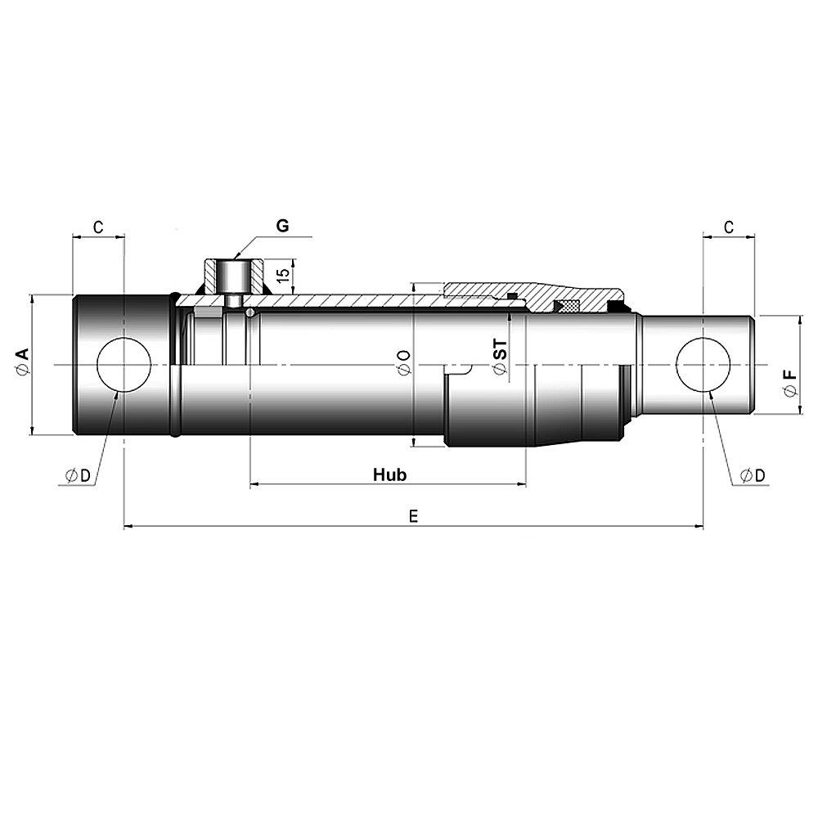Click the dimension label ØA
pos(23,362)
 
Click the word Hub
pos(389,474)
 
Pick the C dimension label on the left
pos(97,227)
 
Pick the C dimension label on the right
pos(727,227)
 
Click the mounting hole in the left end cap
pos(124,364)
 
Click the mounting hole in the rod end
pos(703,364)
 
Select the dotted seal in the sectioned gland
pos(567,306)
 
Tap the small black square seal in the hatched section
pos(512,296)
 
